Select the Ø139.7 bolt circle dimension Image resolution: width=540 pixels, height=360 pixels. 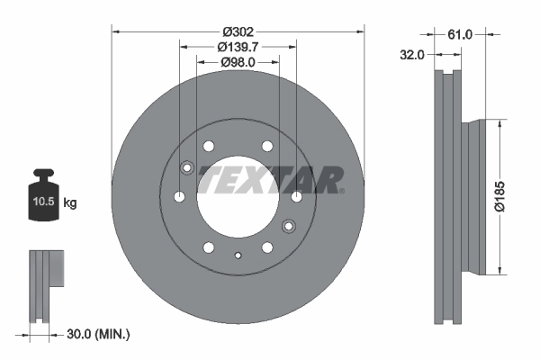pos(238,47)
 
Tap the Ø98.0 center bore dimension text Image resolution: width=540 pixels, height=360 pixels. pos(238,62)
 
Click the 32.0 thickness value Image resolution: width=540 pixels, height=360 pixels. pos(412,55)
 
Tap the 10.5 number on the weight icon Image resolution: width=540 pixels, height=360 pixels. pos(43,203)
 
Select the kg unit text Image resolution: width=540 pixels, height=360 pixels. pos(69,203)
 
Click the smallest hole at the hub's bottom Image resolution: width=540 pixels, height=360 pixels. pos(238,256)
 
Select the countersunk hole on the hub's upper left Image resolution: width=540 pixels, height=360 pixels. pos(187,166)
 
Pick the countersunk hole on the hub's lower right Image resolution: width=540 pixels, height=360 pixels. pos(289,225)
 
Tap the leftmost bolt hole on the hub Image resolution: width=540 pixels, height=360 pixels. pos(179,196)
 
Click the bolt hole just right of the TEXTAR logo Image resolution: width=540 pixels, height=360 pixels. pos(297,196)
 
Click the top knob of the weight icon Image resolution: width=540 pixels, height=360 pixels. pos(43,175)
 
